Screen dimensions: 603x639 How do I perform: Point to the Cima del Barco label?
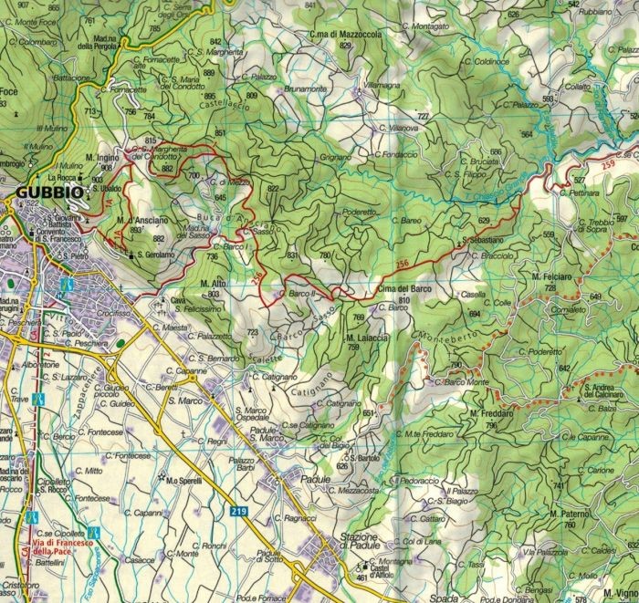(x=402, y=289)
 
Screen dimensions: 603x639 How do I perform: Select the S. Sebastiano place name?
(x=484, y=241)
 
